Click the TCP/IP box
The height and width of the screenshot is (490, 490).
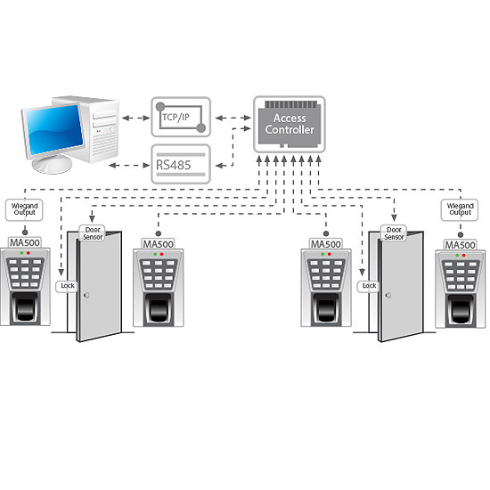pyautogui.click(x=181, y=117)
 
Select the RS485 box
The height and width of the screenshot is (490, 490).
pyautogui.click(x=181, y=164)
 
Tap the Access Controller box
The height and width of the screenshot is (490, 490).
pyautogui.click(x=290, y=124)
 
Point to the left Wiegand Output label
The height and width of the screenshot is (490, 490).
pyautogui.click(x=24, y=209)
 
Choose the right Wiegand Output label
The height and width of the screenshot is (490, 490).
pyautogui.click(x=460, y=209)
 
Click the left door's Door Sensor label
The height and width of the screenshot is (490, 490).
pyautogui.click(x=93, y=233)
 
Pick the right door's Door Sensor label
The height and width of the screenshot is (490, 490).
pyautogui.click(x=394, y=233)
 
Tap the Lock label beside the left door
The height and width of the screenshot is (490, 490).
pyautogui.click(x=67, y=286)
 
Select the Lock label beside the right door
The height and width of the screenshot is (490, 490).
pyautogui.click(x=369, y=286)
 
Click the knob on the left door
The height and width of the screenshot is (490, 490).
pyautogui.click(x=86, y=295)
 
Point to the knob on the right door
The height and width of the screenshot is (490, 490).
pyautogui.click(x=388, y=295)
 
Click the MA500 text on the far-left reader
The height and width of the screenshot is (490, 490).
pyautogui.click(x=25, y=242)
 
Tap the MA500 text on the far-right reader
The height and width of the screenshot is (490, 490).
pyautogui.click(x=460, y=245)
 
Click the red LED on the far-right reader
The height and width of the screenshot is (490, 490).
pyautogui.click(x=464, y=256)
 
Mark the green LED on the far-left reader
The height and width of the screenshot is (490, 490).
pyautogui.click(x=21, y=253)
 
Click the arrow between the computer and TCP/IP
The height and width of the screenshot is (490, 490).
pyautogui.click(x=136, y=118)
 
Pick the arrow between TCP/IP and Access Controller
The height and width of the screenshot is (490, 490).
pyautogui.click(x=233, y=118)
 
